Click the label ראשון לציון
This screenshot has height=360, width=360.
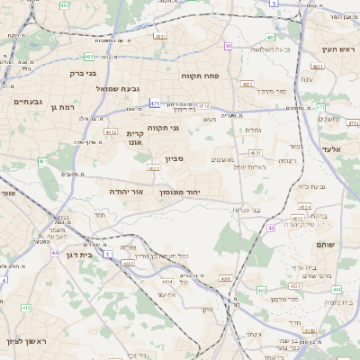pyautogui.click(x=24, y=342)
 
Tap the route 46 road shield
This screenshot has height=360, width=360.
pyautogui.click(x=271, y=229)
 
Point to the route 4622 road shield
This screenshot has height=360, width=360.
pyautogui.click(x=153, y=167)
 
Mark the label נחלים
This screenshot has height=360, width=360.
pyautogui.click(x=253, y=130)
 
